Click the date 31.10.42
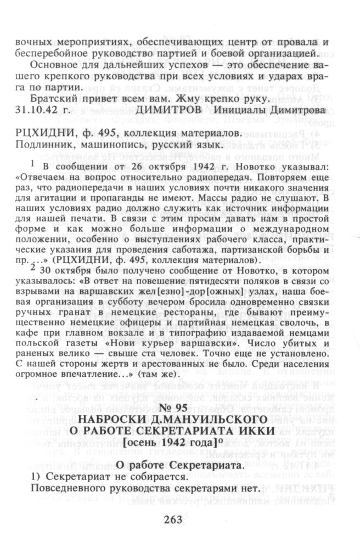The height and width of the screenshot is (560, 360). tap(38, 110)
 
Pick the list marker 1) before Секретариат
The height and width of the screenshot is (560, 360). tap(20, 477)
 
